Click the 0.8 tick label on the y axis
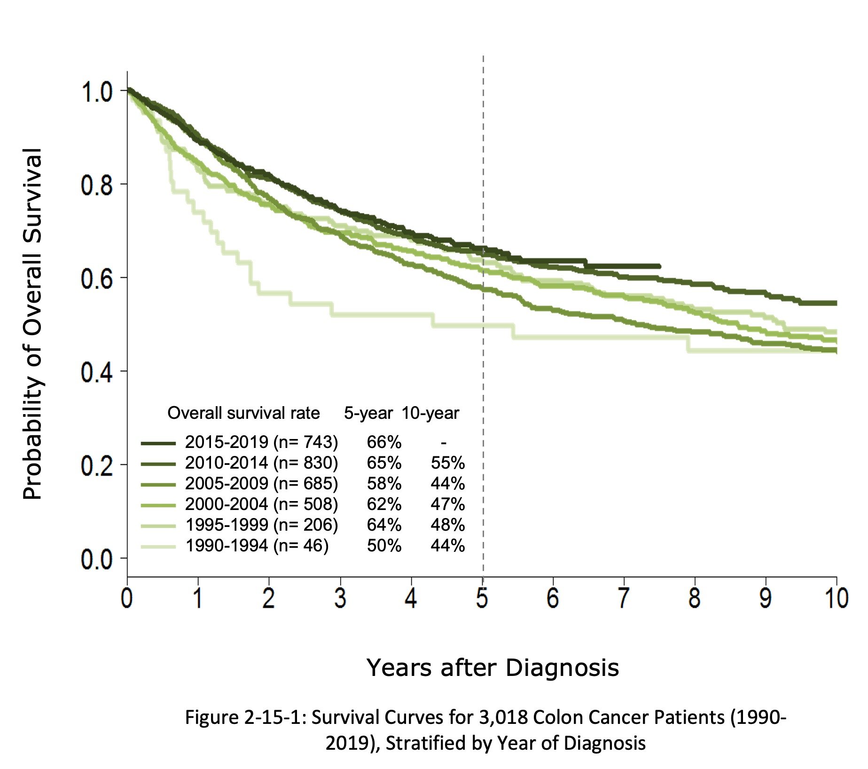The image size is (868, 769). click(x=97, y=185)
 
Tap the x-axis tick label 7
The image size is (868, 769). click(x=624, y=598)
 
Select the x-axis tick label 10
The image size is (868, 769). click(x=836, y=598)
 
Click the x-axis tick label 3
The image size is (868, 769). click(x=340, y=598)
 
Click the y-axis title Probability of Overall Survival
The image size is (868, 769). click(x=33, y=324)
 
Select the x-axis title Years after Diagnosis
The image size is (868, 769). click(x=493, y=668)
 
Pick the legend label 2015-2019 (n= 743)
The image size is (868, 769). click(x=261, y=442)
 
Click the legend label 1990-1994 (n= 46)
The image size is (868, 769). click(x=257, y=546)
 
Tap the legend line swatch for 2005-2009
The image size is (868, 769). click(x=158, y=484)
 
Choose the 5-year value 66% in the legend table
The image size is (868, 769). click(x=384, y=442)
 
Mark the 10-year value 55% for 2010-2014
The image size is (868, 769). click(x=447, y=463)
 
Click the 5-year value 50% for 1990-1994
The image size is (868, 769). click(x=384, y=546)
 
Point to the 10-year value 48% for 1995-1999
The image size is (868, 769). click(x=447, y=525)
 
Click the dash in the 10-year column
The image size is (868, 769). click(x=444, y=442)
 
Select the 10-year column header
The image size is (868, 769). click(x=430, y=413)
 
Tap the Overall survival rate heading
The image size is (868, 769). click(x=243, y=413)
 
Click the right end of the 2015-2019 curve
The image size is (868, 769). click(x=659, y=267)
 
